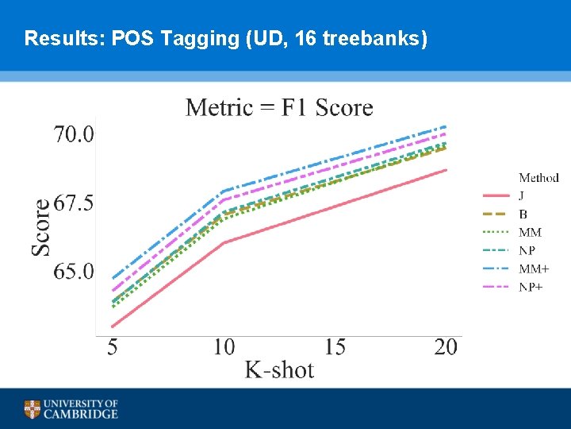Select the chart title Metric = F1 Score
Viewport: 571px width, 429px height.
tap(279, 107)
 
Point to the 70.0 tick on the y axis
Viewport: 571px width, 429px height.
tap(74, 134)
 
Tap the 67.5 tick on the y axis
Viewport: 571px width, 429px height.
tap(74, 203)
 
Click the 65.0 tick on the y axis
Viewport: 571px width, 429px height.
tap(74, 272)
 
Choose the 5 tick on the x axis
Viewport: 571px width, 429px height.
tap(113, 347)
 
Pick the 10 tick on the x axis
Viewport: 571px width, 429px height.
tap(224, 347)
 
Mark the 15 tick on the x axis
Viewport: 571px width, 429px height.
tap(335, 347)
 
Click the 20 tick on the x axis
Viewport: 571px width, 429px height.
tap(446, 347)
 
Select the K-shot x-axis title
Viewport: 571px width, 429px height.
tap(279, 370)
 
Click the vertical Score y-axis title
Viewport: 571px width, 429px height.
tap(41, 227)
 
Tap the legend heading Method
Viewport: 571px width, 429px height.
tap(538, 178)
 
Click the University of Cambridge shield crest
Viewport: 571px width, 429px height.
tap(32, 409)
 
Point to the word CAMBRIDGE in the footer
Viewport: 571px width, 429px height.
tap(81, 414)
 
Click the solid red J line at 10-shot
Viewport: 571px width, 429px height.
tap(224, 242)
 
